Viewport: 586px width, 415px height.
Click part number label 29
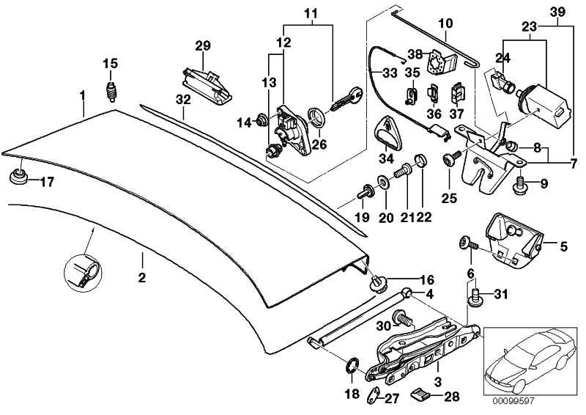pyautogui.click(x=203, y=46)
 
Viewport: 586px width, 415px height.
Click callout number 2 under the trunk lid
pyautogui.click(x=142, y=277)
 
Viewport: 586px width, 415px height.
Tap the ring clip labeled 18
pyautogui.click(x=351, y=365)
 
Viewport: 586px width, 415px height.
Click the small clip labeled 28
pyautogui.click(x=419, y=397)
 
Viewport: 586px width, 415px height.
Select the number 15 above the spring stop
pyautogui.click(x=109, y=62)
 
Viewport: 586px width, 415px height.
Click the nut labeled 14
pyautogui.click(x=261, y=120)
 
